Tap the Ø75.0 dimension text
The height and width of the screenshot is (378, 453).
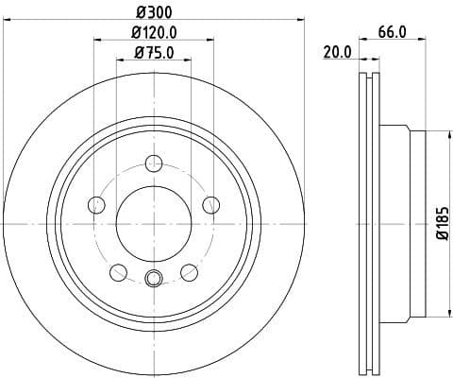pyautogui.click(x=154, y=51)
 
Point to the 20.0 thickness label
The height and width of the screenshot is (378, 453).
pyautogui.click(x=336, y=52)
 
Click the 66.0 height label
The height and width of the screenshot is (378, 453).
pyautogui.click(x=392, y=31)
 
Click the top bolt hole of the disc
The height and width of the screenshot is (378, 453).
pyautogui.click(x=154, y=163)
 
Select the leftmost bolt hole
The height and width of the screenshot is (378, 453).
pyautogui.click(x=95, y=204)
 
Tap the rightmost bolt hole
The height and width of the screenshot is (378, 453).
pyautogui.click(x=211, y=204)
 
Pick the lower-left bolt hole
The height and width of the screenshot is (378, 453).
pyautogui.click(x=118, y=272)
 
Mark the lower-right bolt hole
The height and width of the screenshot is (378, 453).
pyautogui.click(x=189, y=272)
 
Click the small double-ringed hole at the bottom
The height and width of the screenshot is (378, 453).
pyautogui.click(x=154, y=278)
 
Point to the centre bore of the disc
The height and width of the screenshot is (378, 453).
pyautogui.click(x=154, y=223)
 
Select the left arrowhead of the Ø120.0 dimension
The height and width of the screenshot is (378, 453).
pyautogui.click(x=98, y=40)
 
